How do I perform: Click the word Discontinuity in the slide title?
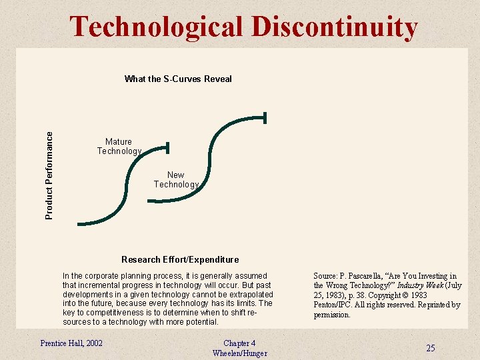[335, 27]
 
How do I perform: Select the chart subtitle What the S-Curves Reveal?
[178, 79]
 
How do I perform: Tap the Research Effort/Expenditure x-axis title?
[180, 259]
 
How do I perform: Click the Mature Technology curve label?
[119, 146]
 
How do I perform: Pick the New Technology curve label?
[176, 179]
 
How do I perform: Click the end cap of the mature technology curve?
[168, 147]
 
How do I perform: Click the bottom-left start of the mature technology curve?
[79, 223]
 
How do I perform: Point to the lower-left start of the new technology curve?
[150, 199]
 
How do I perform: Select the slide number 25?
[431, 348]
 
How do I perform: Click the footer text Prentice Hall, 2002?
[71, 343]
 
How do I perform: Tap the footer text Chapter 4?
[239, 343]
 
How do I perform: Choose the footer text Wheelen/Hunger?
[239, 353]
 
